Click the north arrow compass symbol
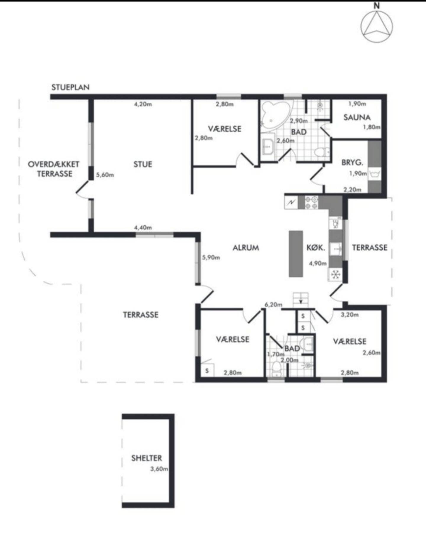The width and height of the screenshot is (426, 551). pos(377,26)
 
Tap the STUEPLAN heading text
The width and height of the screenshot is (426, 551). pos(70,87)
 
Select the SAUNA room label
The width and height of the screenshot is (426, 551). pos(357,118)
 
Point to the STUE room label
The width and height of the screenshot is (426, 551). pos(143,164)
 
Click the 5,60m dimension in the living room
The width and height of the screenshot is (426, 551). pos(105,175)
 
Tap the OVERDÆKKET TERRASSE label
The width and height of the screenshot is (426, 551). pos(54,169)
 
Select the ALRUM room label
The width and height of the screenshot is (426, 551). pos(246,248)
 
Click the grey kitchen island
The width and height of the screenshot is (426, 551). pos(296,254)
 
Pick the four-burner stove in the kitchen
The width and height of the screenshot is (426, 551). pos(311,202)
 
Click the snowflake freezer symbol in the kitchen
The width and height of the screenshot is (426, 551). pos(335,275)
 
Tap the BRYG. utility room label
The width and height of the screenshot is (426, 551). pos(352,162)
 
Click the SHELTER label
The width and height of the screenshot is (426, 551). pos(147,458)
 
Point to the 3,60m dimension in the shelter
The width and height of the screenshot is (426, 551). pos(159,469)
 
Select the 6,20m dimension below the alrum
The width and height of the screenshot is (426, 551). pos(273,305)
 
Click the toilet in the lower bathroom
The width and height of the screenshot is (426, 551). pos(277,368)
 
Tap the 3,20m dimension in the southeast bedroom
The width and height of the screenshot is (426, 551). pos(350,315)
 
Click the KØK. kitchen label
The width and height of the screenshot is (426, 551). pos(316,248)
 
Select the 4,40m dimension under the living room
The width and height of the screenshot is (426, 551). pos(143,228)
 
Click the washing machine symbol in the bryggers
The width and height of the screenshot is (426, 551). pos(375,174)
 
